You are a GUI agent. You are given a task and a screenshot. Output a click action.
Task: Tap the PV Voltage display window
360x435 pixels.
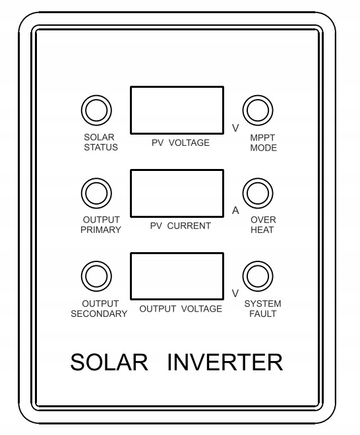(177, 110)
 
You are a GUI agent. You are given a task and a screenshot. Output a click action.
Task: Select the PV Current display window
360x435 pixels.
(177, 193)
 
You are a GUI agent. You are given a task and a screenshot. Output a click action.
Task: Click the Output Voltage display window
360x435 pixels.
(177, 276)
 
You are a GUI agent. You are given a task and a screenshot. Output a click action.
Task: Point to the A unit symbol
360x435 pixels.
(235, 211)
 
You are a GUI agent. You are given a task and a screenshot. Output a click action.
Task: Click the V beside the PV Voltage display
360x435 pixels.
(235, 128)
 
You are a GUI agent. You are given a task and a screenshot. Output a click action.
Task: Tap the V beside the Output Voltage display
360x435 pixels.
(235, 293)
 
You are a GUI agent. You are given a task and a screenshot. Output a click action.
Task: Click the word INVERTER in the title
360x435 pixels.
(225, 362)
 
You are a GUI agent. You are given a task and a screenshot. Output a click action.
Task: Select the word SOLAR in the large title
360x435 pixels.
(109, 362)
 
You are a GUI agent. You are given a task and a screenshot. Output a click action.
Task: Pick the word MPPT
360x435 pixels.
(262, 137)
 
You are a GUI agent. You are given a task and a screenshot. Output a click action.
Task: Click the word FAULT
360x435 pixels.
(262, 314)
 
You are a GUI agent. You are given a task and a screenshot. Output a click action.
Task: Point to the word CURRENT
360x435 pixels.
(189, 226)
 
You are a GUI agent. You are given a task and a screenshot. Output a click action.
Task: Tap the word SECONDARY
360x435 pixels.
(99, 314)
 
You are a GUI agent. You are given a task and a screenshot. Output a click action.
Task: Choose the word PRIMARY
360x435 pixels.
(101, 230)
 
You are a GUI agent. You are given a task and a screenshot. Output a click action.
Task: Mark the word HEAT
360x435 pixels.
(262, 230)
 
